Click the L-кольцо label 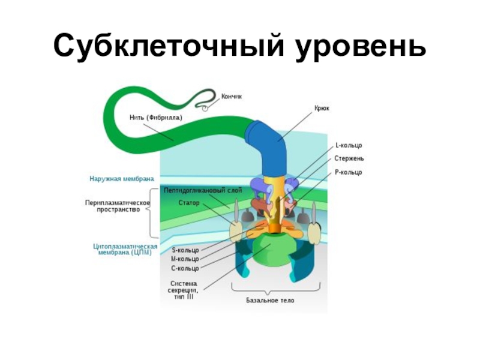[x=349, y=146]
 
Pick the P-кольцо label [x=349, y=172]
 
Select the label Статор [x=188, y=203]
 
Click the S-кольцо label [x=185, y=250]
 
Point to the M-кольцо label [x=185, y=259]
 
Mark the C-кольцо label [x=185, y=268]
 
